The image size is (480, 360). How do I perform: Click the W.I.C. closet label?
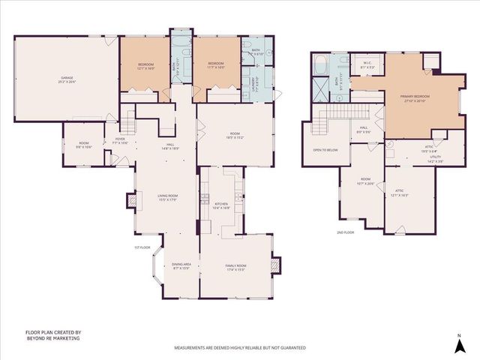[367, 64]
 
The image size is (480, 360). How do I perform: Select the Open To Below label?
[322, 148]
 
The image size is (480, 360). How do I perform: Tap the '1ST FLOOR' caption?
[143, 247]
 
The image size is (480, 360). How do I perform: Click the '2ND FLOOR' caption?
[346, 232]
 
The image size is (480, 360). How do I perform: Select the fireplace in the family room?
[277, 264]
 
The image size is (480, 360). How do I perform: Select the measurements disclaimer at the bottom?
[240, 348]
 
